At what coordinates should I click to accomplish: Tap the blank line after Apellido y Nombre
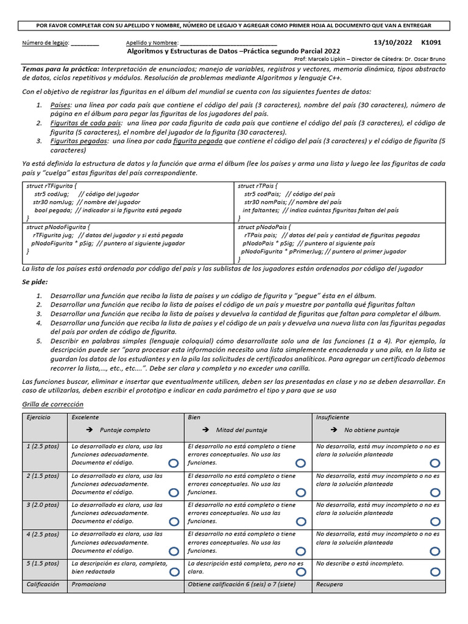[228, 43]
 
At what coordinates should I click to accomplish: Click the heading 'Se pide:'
[35, 283]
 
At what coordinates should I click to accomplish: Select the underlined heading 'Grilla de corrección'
[52, 405]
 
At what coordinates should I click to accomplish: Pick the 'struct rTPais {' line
[258, 185]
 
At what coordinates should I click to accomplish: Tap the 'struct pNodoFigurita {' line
[57, 227]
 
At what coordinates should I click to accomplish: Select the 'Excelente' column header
[85, 417]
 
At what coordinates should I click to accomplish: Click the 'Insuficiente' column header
[333, 417]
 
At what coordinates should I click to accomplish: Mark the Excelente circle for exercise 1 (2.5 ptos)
[174, 464]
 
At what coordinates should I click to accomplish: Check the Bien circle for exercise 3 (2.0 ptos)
[301, 522]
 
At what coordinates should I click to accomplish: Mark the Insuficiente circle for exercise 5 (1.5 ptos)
[434, 572]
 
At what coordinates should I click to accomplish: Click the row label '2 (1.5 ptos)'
[43, 476]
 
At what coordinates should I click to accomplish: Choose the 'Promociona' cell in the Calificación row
[89, 584]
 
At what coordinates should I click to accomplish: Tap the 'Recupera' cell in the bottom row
[330, 584]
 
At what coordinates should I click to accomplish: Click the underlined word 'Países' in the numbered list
[61, 105]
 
